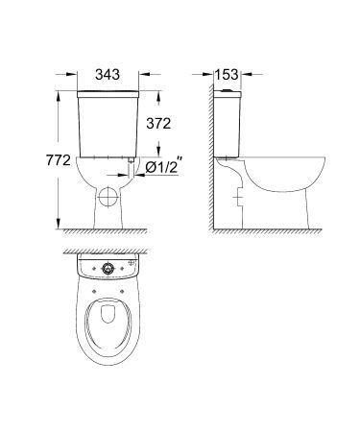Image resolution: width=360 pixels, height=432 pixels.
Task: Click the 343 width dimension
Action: click(108, 72)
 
